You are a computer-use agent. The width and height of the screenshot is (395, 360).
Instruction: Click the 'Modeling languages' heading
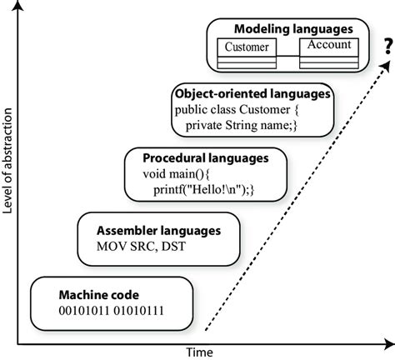point(293,29)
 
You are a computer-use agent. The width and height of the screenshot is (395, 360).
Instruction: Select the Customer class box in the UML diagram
point(247,53)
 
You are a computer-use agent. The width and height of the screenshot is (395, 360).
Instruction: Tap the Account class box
point(329,53)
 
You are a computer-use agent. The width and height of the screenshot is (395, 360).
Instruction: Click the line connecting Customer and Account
point(288,56)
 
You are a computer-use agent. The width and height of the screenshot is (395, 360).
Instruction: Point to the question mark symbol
point(388,47)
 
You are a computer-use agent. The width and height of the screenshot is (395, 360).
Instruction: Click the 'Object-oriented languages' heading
point(252,94)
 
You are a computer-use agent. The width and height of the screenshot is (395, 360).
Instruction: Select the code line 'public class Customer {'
point(237,109)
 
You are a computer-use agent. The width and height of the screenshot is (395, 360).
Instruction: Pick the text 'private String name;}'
point(241,125)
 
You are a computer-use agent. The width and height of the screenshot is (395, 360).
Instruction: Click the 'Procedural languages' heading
point(206,158)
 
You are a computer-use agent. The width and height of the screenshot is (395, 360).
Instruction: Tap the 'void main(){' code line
point(176,174)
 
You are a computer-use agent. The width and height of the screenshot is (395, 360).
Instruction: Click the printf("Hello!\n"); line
point(203,190)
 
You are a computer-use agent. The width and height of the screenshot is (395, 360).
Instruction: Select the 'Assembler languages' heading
point(158,231)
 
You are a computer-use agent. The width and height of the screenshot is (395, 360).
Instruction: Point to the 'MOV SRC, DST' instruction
point(141,247)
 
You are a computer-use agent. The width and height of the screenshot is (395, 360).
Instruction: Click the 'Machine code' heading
point(99,295)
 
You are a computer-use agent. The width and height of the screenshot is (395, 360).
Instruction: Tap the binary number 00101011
point(84,311)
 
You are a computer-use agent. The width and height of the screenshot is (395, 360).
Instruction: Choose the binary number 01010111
point(139,311)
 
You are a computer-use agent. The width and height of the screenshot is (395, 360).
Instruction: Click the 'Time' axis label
point(200,352)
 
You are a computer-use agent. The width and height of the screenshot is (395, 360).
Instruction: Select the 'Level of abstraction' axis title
point(7,161)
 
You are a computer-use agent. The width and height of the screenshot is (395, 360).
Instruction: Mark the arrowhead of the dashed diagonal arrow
point(385,67)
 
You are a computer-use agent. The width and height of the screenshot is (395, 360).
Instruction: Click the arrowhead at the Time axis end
point(389,344)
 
